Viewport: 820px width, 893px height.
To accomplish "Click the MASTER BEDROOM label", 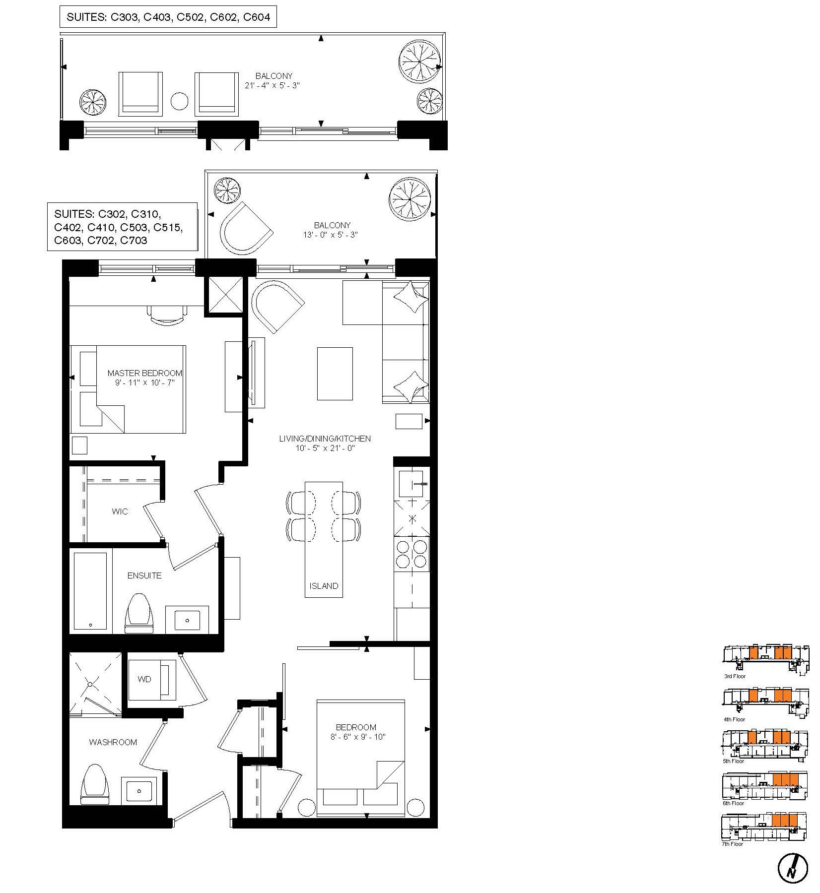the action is [145, 373].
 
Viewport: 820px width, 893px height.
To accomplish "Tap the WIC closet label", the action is [120, 511].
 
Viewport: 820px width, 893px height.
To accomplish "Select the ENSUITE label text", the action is [144, 575].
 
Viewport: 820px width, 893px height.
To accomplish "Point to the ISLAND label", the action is [324, 586].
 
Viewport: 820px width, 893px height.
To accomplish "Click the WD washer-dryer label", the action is [144, 679].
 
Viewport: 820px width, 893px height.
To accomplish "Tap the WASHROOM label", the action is [113, 742].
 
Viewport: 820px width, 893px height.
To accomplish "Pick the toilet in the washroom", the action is [95, 784].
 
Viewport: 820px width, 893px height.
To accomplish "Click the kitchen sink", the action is [411, 483].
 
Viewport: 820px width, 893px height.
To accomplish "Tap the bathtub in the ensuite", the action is [90, 591].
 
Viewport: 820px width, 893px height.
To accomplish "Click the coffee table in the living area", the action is [335, 374].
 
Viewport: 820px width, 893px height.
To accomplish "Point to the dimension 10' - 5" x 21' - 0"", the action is [325, 448].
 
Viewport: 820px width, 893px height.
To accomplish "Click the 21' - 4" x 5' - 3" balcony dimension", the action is [272, 85].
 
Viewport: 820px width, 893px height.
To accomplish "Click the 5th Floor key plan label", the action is [734, 761].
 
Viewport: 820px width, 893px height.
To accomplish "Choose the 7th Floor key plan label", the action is [733, 844].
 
